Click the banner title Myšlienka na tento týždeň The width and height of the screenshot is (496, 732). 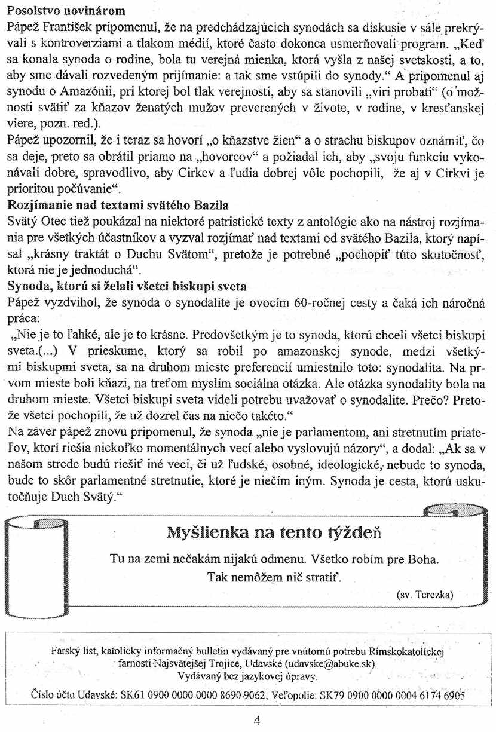point(274,532)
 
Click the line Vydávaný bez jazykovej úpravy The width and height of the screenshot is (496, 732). point(248,677)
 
